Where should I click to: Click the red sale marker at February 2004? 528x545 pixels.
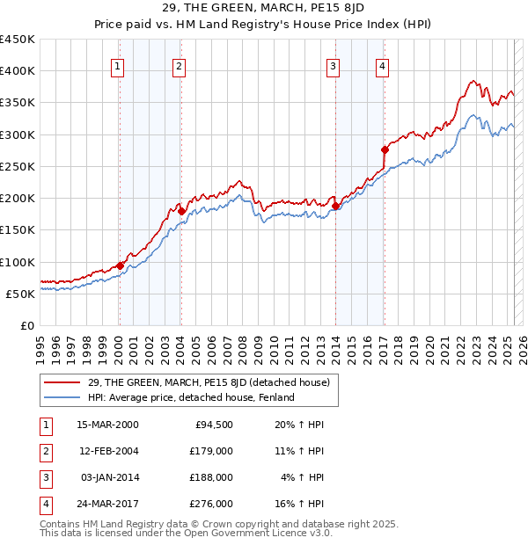pyautogui.click(x=180, y=211)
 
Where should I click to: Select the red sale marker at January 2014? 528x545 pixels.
pyautogui.click(x=335, y=206)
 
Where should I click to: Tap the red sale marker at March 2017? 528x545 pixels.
pyautogui.click(x=385, y=149)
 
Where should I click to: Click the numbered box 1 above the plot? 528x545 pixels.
pyautogui.click(x=118, y=64)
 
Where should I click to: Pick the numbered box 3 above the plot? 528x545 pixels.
pyautogui.click(x=334, y=64)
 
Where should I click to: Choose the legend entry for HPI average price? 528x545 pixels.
pyautogui.click(x=185, y=398)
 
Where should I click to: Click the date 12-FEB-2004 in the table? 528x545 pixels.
pyautogui.click(x=108, y=451)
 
